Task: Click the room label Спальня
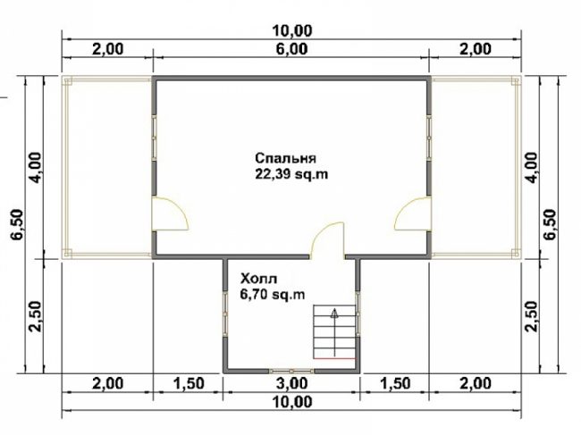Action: (x=285, y=158)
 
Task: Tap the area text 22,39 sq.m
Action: (x=291, y=174)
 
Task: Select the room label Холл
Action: (x=258, y=278)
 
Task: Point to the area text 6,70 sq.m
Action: (x=273, y=295)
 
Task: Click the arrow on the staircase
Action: (x=334, y=332)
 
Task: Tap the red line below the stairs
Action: (x=334, y=358)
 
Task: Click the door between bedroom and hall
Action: (x=327, y=239)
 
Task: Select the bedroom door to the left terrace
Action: (x=170, y=214)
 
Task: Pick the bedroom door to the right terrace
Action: (x=412, y=214)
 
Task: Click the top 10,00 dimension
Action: (x=292, y=30)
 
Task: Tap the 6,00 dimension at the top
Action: (x=291, y=49)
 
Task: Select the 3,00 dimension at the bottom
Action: (x=291, y=383)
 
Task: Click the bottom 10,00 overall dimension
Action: (x=292, y=402)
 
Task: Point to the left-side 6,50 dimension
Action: (x=17, y=225)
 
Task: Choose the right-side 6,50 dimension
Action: (x=550, y=225)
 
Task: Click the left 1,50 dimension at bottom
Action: (x=189, y=383)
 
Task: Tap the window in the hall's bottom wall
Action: (x=291, y=371)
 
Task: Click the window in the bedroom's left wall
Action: (x=154, y=138)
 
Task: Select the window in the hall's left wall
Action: (x=225, y=314)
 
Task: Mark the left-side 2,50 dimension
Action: (x=35, y=316)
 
